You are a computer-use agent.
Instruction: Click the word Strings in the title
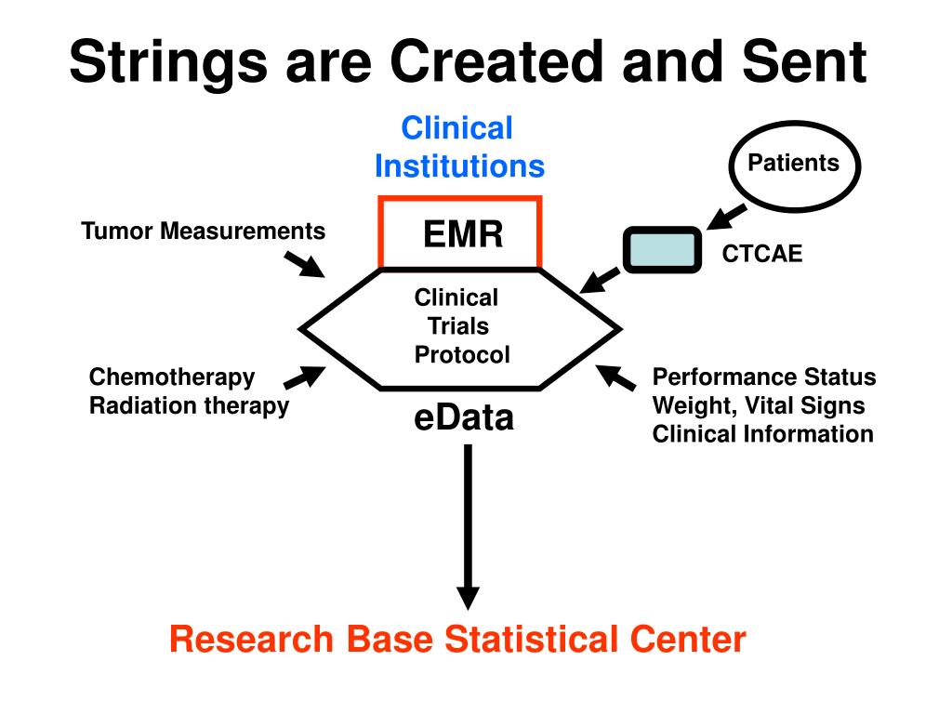click(x=168, y=63)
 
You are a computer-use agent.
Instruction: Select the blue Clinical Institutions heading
click(x=459, y=147)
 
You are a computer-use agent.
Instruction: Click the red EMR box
click(x=460, y=231)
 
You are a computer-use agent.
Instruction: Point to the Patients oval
click(x=794, y=165)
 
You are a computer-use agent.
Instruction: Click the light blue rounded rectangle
click(x=662, y=249)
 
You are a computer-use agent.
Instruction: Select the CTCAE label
click(x=762, y=254)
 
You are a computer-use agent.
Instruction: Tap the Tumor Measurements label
click(x=204, y=231)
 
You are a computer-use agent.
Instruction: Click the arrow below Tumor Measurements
click(x=304, y=265)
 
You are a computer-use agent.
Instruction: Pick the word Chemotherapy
click(x=172, y=377)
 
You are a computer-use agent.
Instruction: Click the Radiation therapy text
click(x=189, y=405)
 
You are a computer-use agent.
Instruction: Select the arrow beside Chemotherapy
click(x=305, y=377)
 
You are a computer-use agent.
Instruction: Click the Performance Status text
click(x=764, y=377)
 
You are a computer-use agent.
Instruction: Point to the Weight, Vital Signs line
click(x=759, y=405)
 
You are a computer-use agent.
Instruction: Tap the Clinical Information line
click(x=762, y=433)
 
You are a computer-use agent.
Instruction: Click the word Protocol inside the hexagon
click(x=461, y=354)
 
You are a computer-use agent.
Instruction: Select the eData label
click(x=464, y=417)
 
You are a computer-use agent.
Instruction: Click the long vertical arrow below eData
click(x=468, y=528)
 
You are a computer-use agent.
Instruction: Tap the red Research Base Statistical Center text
click(x=457, y=640)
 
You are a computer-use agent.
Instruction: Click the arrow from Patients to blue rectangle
click(x=727, y=217)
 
